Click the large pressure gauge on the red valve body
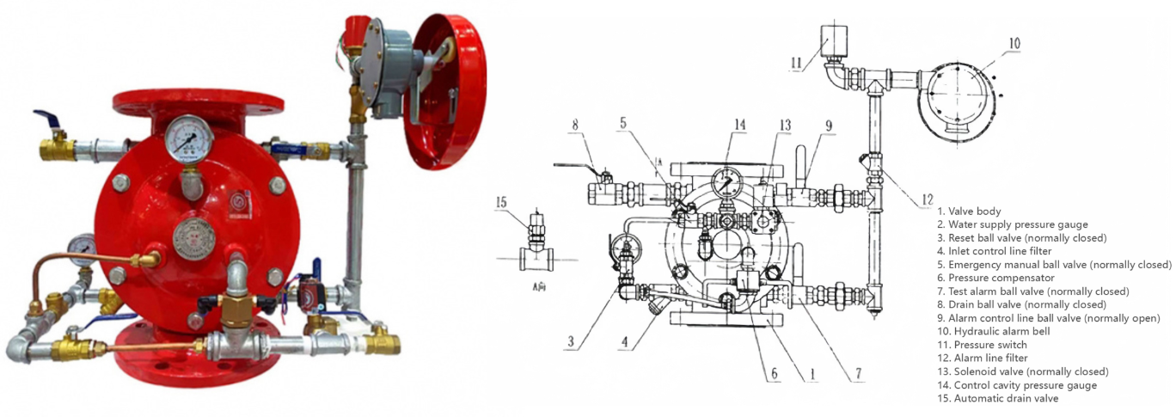click(x=189, y=139)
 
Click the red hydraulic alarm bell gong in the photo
click(x=446, y=91)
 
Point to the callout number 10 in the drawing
click(x=1014, y=43)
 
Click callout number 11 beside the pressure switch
click(x=796, y=63)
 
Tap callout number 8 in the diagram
click(x=575, y=125)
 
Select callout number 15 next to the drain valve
click(x=501, y=202)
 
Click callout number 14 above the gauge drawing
click(x=739, y=125)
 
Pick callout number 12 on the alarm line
click(x=928, y=199)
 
